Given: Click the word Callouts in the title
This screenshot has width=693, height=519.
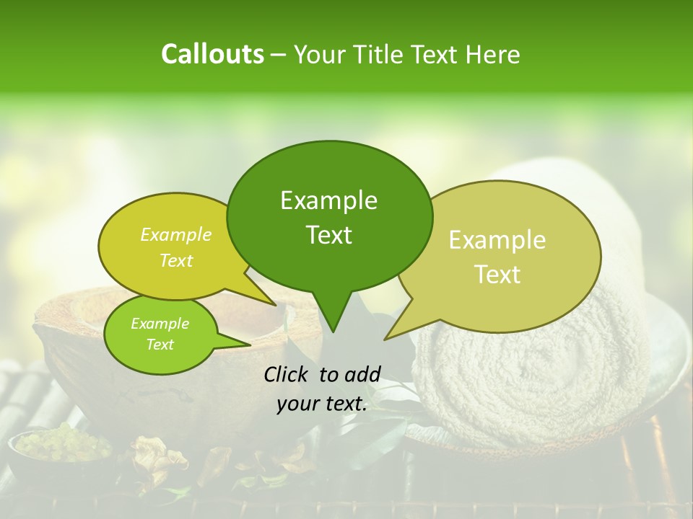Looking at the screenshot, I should click(x=212, y=54).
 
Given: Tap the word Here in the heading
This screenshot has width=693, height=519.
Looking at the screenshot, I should click(x=493, y=55).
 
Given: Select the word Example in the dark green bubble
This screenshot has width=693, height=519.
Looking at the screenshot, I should click(x=328, y=200).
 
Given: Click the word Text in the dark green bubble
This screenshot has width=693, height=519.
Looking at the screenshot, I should click(x=328, y=235).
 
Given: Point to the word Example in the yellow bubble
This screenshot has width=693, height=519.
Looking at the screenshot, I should click(x=176, y=234).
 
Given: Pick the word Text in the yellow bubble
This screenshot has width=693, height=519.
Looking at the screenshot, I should click(x=176, y=260).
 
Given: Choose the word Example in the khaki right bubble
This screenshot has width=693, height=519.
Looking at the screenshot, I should click(x=497, y=240).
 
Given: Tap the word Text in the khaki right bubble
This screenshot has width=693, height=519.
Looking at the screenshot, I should click(x=497, y=274).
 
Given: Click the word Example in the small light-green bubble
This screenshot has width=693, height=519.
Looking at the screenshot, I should click(x=160, y=324).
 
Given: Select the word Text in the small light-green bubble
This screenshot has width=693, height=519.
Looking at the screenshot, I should click(x=160, y=345).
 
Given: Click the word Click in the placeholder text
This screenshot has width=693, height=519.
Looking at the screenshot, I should click(x=287, y=374).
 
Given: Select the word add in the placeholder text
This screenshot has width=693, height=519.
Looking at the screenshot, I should click(x=362, y=374).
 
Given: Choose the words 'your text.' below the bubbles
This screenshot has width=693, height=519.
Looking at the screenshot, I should click(x=322, y=404).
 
